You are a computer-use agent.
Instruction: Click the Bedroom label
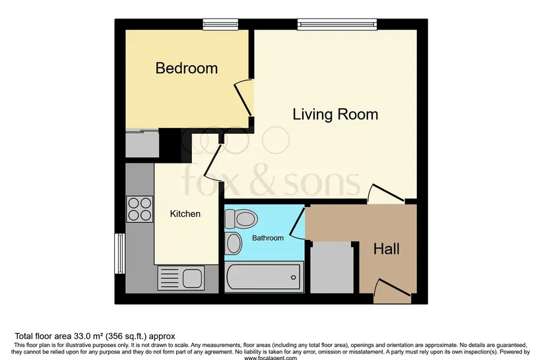point(187,68)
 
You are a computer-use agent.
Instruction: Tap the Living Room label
point(335,114)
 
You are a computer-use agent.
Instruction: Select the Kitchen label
point(185,214)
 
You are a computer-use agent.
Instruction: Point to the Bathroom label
point(268,238)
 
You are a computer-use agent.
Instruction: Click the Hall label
point(387,249)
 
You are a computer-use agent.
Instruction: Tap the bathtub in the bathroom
point(264,277)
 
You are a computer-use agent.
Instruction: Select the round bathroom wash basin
point(234,243)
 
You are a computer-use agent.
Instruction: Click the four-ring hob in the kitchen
point(140,208)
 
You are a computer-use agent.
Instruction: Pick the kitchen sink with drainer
point(181,278)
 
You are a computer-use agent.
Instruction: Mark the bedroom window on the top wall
point(220,24)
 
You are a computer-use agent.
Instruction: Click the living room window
point(337,24)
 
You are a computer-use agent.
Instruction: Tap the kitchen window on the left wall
point(119,253)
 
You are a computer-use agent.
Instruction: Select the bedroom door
point(243,98)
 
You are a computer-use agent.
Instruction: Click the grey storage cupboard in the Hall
point(332,268)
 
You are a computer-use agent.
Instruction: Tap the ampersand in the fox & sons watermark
point(262,182)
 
